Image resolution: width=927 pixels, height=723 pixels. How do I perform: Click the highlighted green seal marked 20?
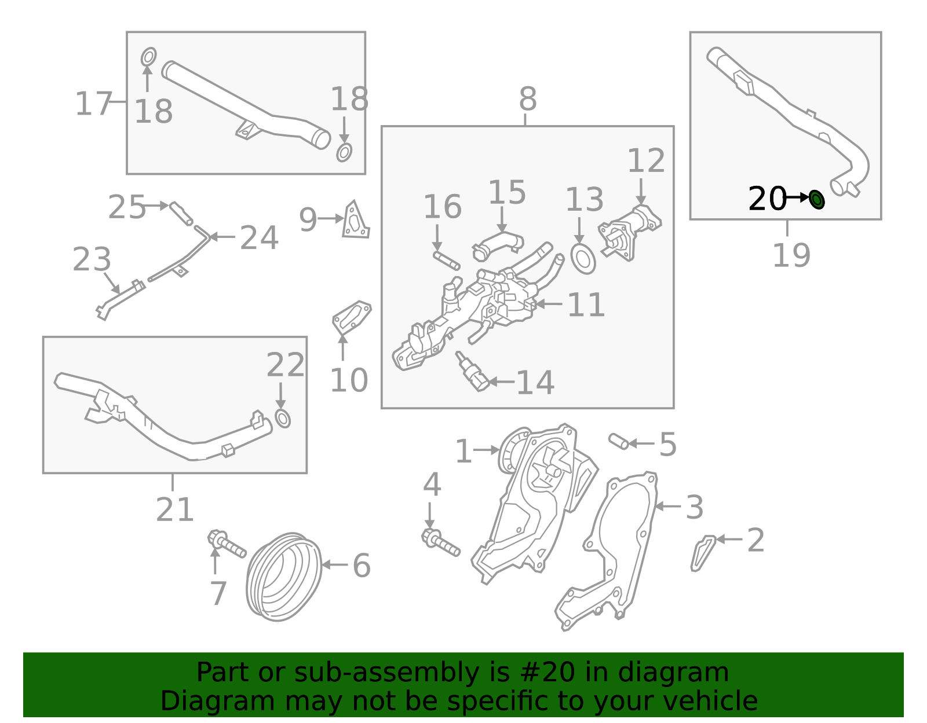coord(816,200)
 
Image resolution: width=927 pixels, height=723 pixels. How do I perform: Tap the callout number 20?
coord(767,199)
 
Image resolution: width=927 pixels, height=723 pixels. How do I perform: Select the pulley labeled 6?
coord(283,577)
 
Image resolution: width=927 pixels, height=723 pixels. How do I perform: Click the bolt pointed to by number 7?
coord(227,544)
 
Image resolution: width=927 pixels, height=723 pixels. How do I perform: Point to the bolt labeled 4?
coord(441,541)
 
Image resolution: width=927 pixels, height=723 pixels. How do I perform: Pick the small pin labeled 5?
coord(618,442)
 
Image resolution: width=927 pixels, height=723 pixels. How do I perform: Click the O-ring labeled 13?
coord(583,259)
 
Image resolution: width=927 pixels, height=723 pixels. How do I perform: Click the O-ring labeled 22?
coord(282,418)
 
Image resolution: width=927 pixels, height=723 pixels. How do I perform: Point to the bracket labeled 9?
coord(354,221)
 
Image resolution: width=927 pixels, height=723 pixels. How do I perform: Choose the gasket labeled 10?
coord(351,317)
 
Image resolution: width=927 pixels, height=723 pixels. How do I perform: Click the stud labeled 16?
coord(446,260)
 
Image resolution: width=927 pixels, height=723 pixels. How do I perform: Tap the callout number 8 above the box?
coord(527,99)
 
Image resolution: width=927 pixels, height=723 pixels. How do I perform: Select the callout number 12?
coord(646,161)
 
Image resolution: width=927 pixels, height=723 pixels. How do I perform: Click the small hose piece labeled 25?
coord(180,212)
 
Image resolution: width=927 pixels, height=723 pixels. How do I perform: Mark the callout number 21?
coord(174,510)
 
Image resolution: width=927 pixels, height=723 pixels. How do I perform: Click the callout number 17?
coord(93,104)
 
